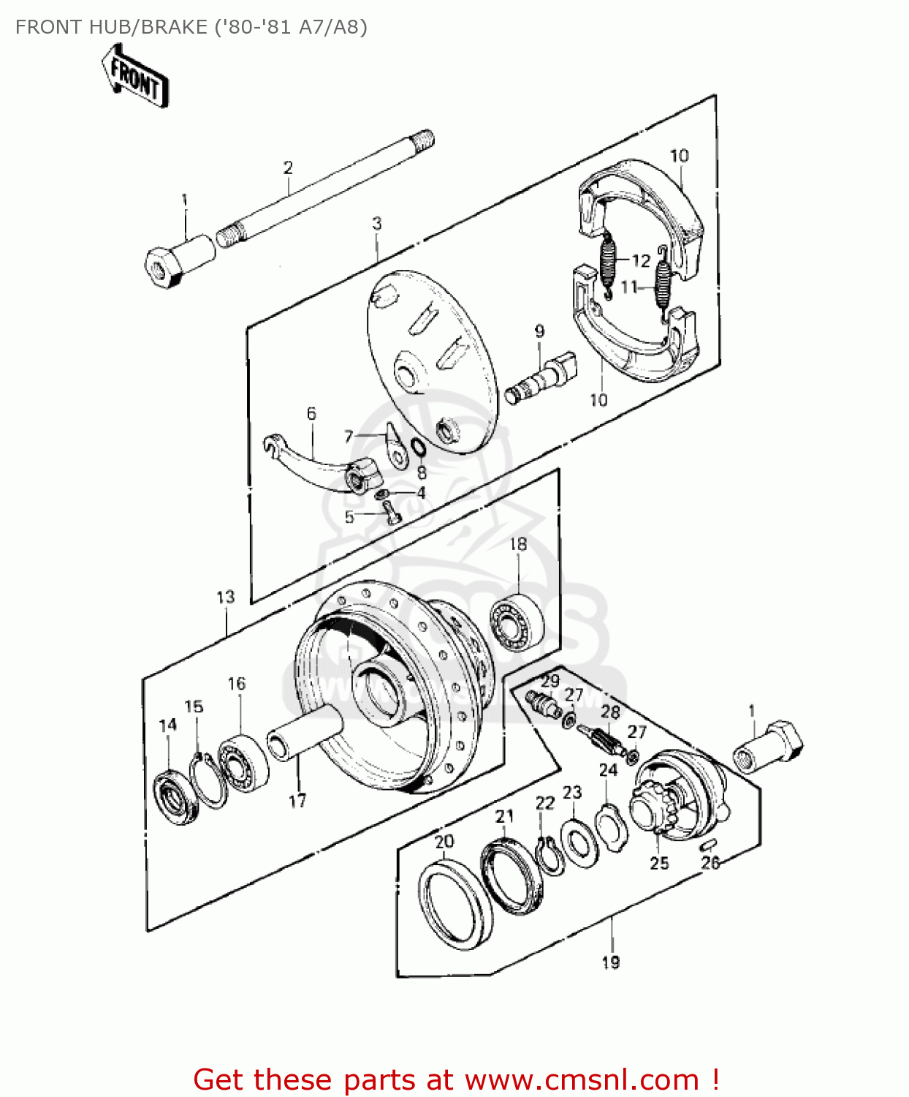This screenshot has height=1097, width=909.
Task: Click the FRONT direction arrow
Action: [x=136, y=76]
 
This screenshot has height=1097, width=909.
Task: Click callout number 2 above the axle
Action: [x=288, y=167]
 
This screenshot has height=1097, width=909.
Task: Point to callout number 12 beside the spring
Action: [x=641, y=261]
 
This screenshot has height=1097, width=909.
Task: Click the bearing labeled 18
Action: [x=517, y=622]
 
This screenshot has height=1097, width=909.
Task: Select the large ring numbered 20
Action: [x=455, y=905]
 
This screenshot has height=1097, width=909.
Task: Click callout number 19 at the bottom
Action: [x=611, y=962]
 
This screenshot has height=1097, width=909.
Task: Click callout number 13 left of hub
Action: [x=226, y=597]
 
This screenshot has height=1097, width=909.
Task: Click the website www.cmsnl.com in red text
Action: [x=582, y=1079]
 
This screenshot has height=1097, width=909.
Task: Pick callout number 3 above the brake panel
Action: [x=376, y=223]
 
